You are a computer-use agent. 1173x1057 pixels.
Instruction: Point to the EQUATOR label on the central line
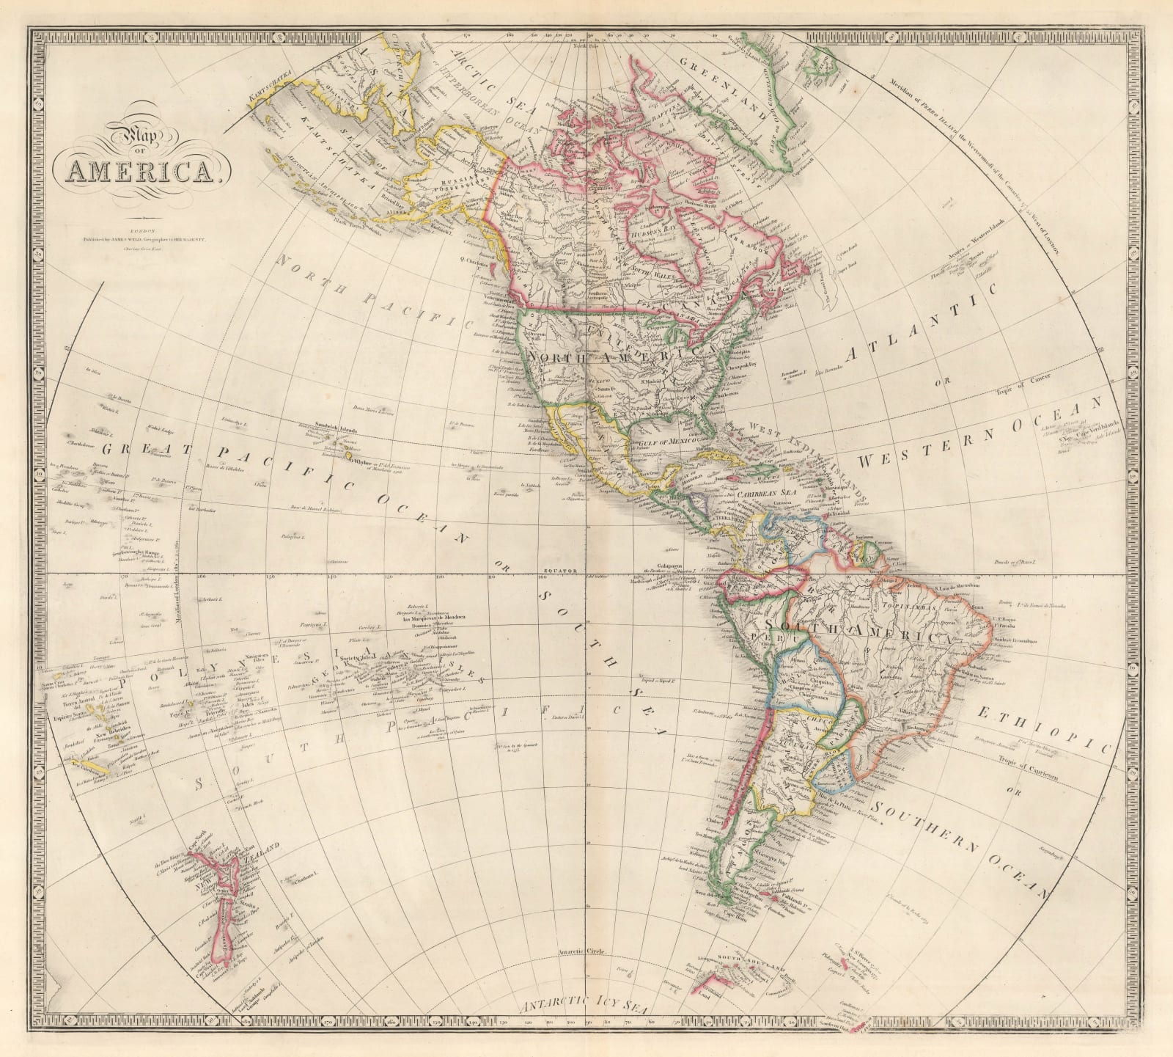(566, 569)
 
